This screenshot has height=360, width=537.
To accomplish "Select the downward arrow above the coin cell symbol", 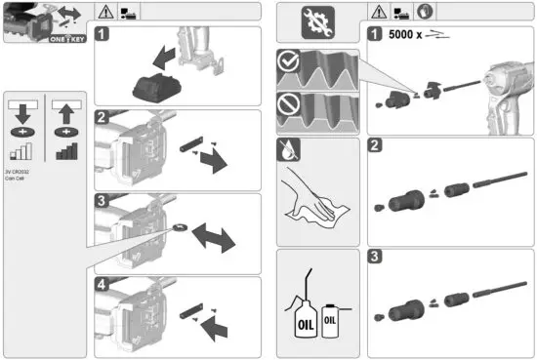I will point(22,109).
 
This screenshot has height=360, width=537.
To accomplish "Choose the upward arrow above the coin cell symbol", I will point(65,109).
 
